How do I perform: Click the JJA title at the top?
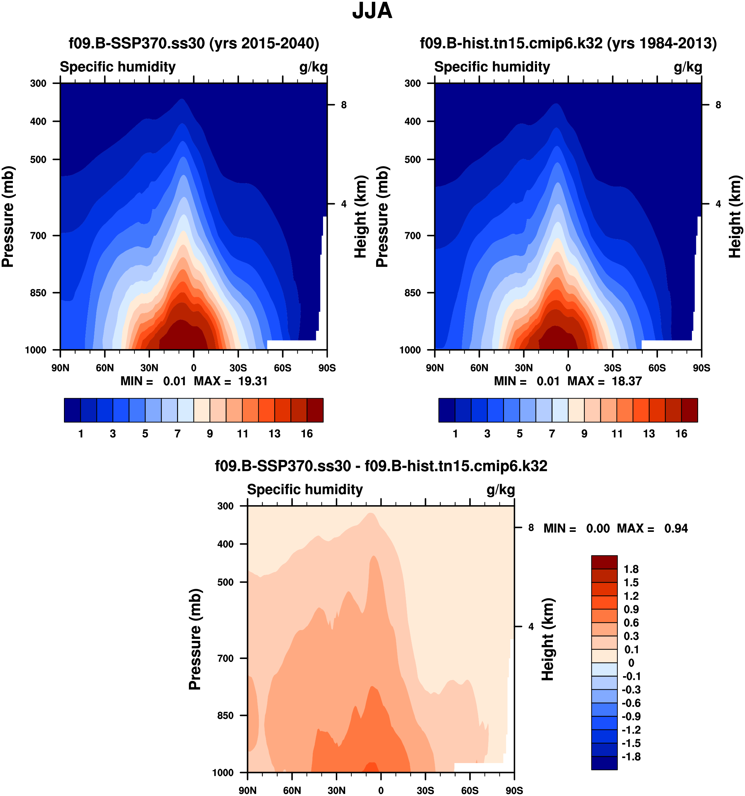tap(372, 11)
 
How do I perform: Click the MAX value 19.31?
tap(253, 381)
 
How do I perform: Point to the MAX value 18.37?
tap(626, 381)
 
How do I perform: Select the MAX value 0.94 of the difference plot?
tap(676, 528)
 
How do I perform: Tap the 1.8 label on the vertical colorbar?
tap(631, 569)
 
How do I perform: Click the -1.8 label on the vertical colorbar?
tap(631, 756)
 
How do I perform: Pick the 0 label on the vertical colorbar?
tap(631, 663)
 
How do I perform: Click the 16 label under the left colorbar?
tap(307, 434)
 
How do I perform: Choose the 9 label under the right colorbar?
tap(584, 434)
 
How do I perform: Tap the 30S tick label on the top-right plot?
tap(612, 368)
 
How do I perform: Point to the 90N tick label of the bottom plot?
tap(247, 790)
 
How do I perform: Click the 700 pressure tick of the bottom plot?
tap(225, 658)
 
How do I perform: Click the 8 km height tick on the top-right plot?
tap(718, 105)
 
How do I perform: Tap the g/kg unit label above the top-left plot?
tap(313, 67)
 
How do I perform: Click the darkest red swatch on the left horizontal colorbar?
tap(315, 410)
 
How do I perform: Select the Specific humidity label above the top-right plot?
tap(492, 67)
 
